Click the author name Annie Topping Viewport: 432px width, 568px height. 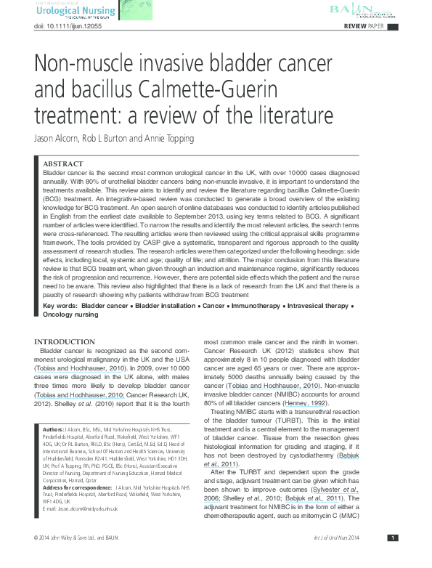coord(169,138)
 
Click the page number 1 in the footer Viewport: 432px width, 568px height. coord(392,558)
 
